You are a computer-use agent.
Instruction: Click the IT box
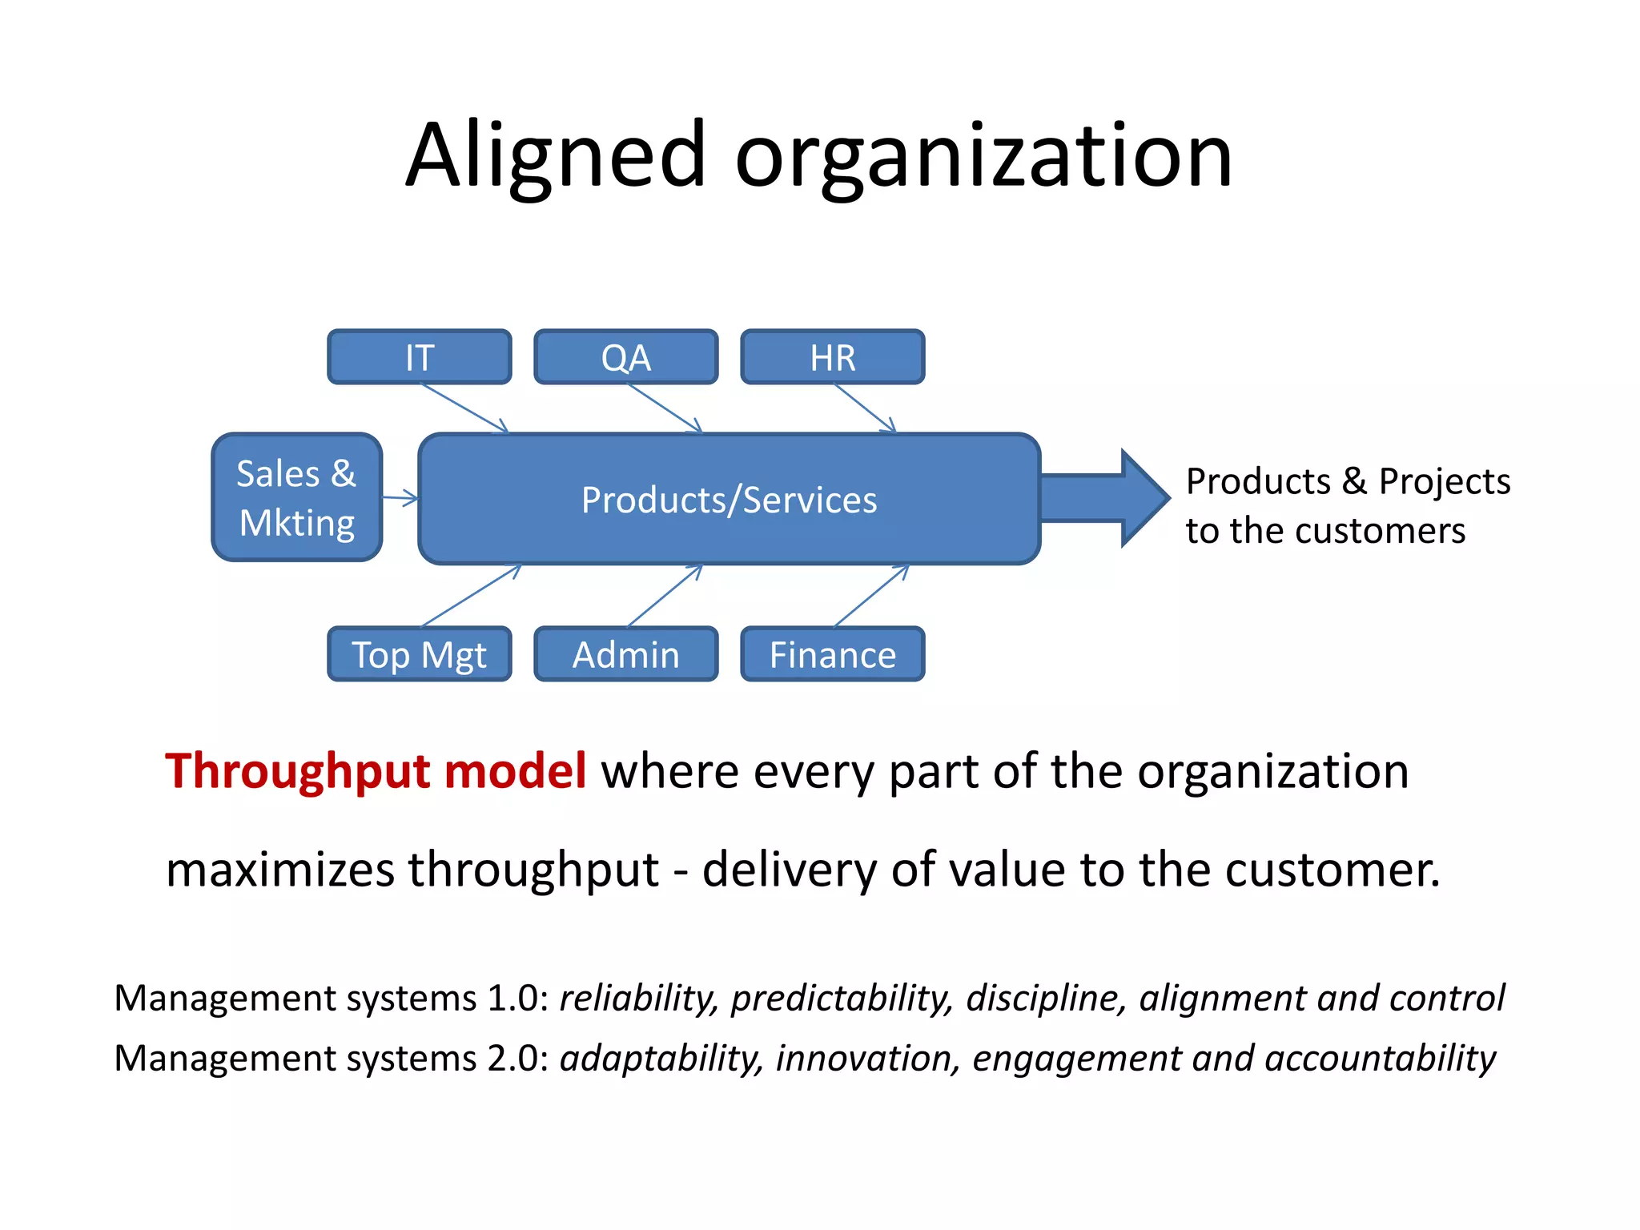coord(420,357)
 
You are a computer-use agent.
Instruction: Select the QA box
coord(626,357)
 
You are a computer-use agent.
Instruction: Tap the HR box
coord(833,357)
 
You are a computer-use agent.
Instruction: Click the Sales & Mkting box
coord(296,497)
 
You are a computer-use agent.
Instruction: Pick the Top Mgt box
coord(420,654)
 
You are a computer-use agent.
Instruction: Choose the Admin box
coord(626,654)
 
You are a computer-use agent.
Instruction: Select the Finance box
coord(833,654)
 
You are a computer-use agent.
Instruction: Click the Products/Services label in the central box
coord(729,500)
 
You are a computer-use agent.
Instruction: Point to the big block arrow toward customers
coord(1105,498)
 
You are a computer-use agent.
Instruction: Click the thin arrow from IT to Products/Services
coord(464,408)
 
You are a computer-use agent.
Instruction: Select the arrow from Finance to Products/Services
coord(871,596)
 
